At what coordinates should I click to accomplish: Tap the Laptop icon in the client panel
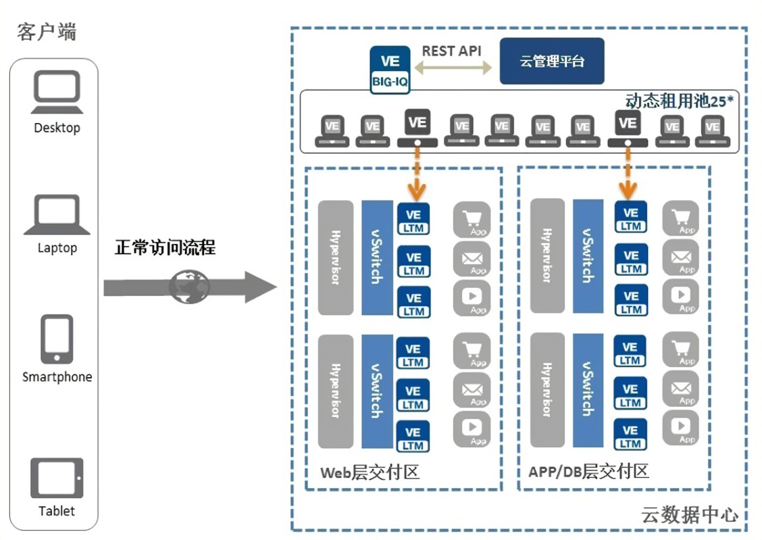[57, 215]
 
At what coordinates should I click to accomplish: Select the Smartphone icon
[57, 339]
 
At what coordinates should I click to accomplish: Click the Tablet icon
[57, 478]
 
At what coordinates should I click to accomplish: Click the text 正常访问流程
[165, 247]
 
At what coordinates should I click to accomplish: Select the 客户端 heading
[47, 32]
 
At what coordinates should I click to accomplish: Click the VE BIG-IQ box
[390, 69]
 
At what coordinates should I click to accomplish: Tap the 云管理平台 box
[552, 62]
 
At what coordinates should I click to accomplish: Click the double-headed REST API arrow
[453, 68]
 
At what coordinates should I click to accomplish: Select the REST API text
[452, 51]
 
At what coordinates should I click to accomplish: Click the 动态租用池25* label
[680, 101]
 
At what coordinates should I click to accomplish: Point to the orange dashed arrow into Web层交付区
[416, 170]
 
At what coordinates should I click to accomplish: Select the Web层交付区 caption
[370, 472]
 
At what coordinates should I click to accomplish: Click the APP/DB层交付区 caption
[586, 470]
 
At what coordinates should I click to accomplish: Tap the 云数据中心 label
[689, 515]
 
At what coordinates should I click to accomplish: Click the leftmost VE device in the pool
[332, 130]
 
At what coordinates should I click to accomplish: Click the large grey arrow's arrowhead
[261, 288]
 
